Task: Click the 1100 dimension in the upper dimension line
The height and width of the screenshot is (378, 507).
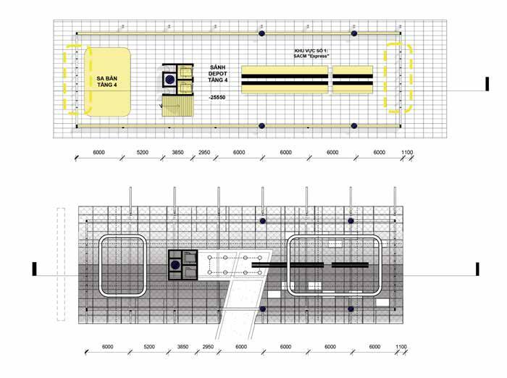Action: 406,153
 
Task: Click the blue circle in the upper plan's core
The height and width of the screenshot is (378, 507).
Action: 169,79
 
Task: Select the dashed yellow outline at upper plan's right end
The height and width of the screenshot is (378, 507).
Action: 400,77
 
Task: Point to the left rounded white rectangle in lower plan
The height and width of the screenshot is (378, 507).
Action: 123,266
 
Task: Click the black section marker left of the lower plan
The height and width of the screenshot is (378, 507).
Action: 33,269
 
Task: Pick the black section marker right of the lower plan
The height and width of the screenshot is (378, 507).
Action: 477,269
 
